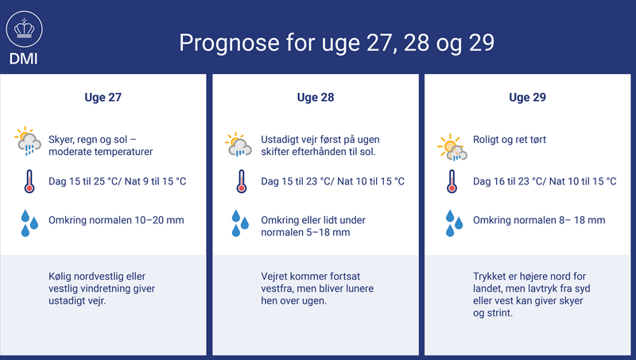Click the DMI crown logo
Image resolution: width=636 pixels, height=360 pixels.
tap(25, 29)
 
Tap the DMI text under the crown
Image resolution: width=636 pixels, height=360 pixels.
tap(24, 59)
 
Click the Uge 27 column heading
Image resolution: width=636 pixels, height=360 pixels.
tap(103, 97)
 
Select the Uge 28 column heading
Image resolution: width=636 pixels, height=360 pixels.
tap(316, 97)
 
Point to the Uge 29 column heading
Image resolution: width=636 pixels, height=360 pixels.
tap(527, 97)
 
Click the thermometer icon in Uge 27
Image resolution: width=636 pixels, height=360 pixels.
tap(29, 181)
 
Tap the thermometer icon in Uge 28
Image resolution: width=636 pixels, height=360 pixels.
tap(242, 181)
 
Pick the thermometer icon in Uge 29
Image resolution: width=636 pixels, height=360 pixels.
tap(452, 181)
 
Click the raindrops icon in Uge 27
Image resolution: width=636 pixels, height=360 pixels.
tap(29, 223)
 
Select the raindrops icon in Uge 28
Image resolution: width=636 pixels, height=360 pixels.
tap(240, 223)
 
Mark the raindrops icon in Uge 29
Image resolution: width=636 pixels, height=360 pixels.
tap(454, 223)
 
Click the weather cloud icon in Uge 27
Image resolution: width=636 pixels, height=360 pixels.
tap(28, 141)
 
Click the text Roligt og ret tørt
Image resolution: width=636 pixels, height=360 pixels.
tap(510, 139)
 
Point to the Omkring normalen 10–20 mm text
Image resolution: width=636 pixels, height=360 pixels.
tap(116, 220)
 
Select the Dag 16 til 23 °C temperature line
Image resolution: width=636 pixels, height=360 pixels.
tap(545, 181)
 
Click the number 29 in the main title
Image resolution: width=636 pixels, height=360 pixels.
tap(482, 43)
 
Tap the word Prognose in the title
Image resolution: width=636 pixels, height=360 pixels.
tap(229, 44)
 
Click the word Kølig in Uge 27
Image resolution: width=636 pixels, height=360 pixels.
tap(60, 277)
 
